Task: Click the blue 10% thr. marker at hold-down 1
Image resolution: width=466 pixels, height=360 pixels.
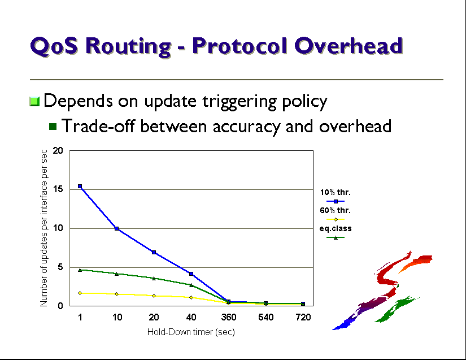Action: coord(80,186)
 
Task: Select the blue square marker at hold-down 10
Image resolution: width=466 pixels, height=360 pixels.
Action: coord(117,229)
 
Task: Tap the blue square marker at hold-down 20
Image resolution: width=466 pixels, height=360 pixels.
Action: coord(154,253)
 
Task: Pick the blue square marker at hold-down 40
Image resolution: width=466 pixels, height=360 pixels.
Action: coord(191,274)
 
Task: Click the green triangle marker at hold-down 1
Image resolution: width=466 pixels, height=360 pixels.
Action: coord(80,270)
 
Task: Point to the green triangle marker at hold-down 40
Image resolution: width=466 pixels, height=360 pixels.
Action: coord(191,285)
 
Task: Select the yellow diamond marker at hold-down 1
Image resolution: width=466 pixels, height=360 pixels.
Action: coord(80,293)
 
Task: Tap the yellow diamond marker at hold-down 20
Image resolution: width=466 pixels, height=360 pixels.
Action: coord(154,296)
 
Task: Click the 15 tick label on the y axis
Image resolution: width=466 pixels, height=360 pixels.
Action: coord(58,189)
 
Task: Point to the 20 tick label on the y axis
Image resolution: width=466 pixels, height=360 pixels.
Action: coord(58,150)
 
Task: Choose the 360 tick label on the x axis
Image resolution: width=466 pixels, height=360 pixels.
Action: coord(229,317)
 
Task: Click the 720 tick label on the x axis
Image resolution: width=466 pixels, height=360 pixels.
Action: coord(303,317)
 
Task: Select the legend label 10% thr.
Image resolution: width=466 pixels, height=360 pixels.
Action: coord(335,192)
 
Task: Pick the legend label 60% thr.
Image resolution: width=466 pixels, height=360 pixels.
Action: coord(335,210)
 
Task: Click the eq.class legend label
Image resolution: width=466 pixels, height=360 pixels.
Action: coord(336,229)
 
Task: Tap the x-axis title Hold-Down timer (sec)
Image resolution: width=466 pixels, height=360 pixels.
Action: coord(191,332)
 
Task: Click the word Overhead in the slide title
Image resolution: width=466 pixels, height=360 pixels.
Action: coord(349,46)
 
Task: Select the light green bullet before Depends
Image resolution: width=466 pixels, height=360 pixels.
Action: coord(34,101)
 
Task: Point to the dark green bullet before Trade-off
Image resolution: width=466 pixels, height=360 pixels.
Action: coord(53,127)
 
